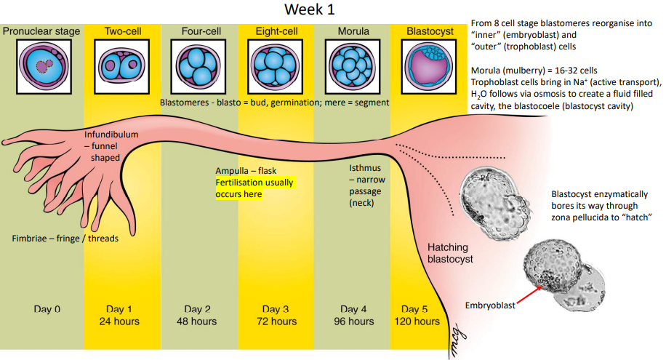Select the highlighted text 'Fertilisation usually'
pyautogui.click(x=254, y=183)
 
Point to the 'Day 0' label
pyautogui.click(x=47, y=309)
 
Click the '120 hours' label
pyautogui.click(x=418, y=321)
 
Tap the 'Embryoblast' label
pyautogui.click(x=490, y=305)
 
